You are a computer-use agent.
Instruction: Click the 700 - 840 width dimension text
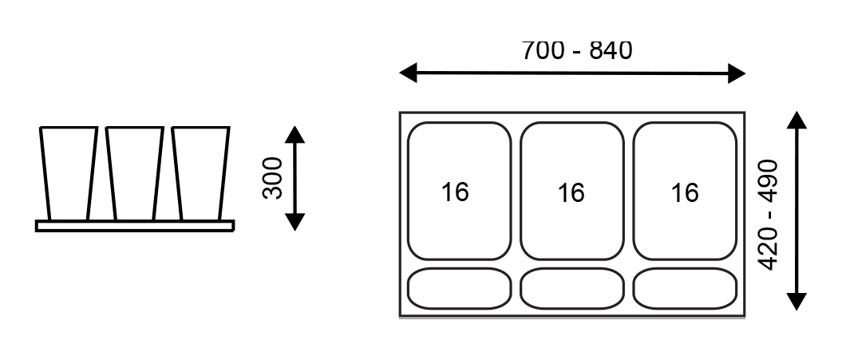[576, 50]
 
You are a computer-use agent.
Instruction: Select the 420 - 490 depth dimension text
[768, 214]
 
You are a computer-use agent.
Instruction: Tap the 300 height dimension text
[273, 177]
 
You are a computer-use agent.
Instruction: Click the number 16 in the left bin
[456, 192]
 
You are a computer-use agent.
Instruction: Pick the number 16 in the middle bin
[571, 192]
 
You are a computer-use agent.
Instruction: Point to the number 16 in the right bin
[685, 192]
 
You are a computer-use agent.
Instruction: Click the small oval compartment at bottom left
[459, 288]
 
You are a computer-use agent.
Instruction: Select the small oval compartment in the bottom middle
[571, 288]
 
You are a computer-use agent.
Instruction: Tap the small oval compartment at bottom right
[685, 288]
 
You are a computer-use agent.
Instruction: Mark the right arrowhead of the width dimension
[737, 74]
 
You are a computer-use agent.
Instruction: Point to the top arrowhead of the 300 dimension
[295, 134]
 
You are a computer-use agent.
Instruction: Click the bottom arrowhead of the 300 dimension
[295, 222]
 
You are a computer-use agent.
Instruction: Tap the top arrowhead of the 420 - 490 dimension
[797, 120]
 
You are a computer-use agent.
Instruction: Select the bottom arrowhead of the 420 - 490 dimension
[797, 301]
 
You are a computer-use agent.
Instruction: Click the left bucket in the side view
[69, 172]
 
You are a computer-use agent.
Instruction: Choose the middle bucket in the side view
[135, 172]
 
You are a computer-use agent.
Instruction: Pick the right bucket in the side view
[200, 172]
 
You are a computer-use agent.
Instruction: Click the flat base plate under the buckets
[135, 226]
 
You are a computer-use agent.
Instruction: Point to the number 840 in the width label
[611, 50]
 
